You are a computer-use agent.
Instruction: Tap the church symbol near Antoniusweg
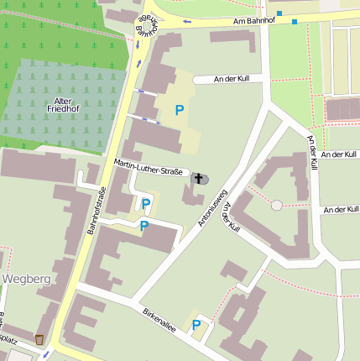click(200, 179)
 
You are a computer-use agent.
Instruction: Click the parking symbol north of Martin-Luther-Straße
click(179, 110)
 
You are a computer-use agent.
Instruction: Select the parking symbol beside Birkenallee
click(197, 326)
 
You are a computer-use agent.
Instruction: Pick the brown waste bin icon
click(39, 340)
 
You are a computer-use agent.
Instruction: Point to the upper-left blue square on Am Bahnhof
click(279, 13)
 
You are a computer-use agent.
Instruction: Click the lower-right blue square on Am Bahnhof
click(295, 21)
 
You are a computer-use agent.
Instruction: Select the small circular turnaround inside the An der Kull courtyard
click(277, 205)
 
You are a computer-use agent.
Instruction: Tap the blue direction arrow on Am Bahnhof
click(186, 22)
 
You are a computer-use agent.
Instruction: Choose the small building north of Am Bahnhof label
click(232, 36)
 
